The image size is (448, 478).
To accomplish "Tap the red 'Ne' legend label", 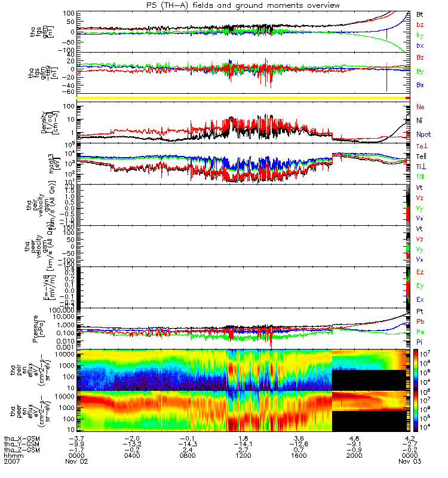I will pyautogui.click(x=420, y=107).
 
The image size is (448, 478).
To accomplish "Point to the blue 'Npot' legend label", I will pyautogui.click(x=423, y=135).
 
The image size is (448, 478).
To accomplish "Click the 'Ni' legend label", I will pyautogui.click(x=419, y=121).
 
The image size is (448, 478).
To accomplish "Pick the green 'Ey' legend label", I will pyautogui.click(x=420, y=286).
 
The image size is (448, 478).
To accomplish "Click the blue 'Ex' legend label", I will pyautogui.click(x=420, y=299).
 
